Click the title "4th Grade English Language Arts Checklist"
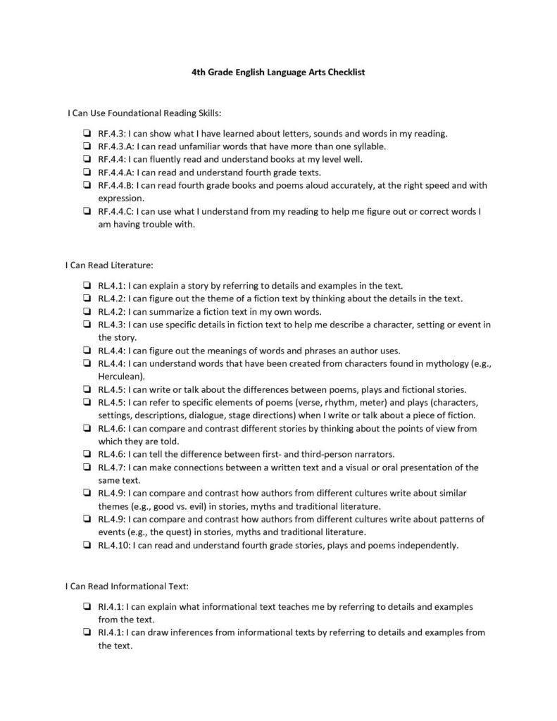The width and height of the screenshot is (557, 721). (x=278, y=72)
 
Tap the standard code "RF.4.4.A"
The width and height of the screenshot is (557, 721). (x=115, y=173)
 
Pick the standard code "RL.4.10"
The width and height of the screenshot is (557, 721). (x=115, y=545)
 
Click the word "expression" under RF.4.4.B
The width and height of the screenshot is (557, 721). (x=120, y=199)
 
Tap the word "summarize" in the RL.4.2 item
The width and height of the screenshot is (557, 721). (x=180, y=312)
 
